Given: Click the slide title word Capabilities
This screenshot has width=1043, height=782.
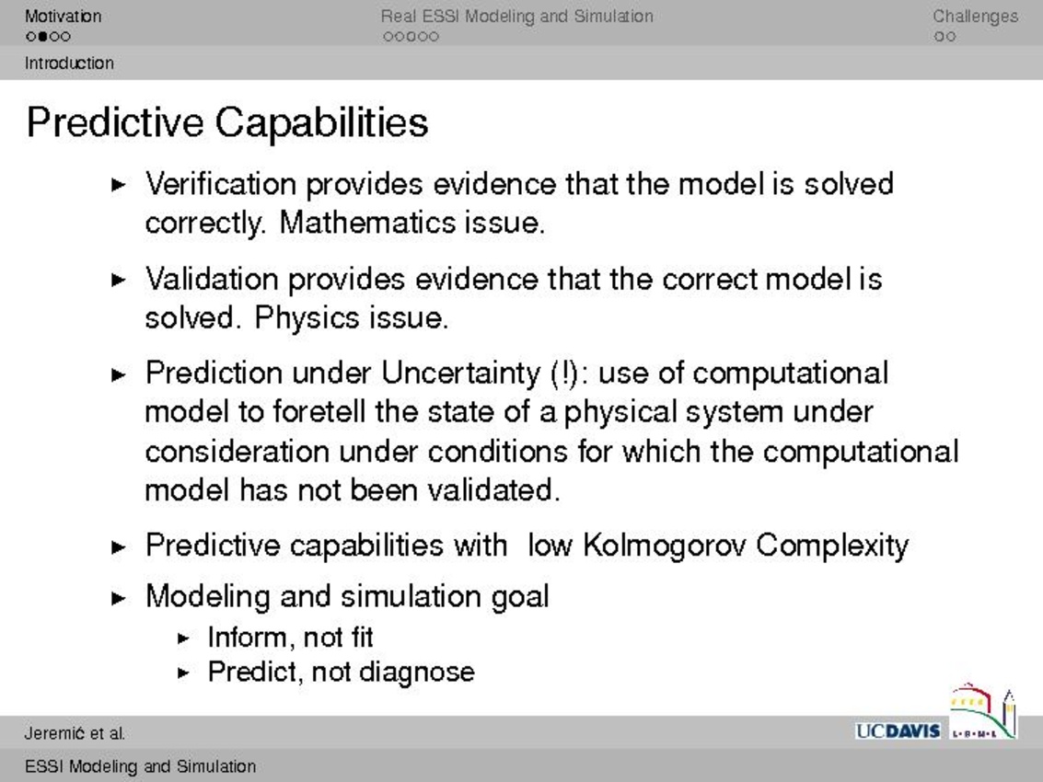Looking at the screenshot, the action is click(x=321, y=123).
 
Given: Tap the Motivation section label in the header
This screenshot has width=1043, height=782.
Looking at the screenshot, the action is click(x=64, y=16).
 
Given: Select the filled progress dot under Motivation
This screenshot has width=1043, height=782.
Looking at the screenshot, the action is click(x=42, y=37).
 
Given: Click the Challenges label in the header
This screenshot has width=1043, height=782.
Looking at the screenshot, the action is click(x=975, y=16).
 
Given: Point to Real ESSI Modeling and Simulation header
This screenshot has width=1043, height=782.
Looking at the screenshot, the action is click(x=516, y=16).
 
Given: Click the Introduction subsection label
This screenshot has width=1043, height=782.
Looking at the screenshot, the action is click(x=69, y=63).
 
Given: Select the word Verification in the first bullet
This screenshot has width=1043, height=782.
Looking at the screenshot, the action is click(x=221, y=183).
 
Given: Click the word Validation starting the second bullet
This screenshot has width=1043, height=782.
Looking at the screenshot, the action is click(x=212, y=279).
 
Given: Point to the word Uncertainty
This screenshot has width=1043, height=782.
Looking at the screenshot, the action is click(x=461, y=373).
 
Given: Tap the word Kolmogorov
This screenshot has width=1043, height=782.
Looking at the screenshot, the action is click(x=665, y=546).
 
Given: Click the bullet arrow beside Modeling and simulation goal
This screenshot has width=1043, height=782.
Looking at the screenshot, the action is click(x=119, y=598).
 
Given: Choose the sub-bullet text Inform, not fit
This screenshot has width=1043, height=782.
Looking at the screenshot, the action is click(x=290, y=637).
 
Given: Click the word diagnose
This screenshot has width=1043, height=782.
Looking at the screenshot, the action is click(x=417, y=673).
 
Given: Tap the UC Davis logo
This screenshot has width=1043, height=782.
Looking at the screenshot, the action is click(x=898, y=730).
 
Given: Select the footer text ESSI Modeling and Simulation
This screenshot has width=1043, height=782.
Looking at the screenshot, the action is click(x=140, y=766).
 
